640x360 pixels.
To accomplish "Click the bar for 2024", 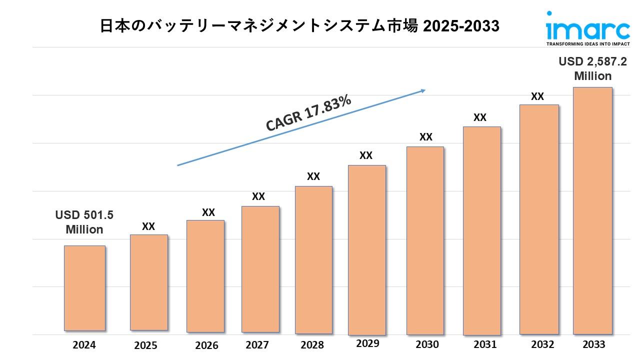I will point(84,288).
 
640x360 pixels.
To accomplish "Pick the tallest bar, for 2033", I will point(592,210).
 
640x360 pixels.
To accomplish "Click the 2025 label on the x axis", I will point(145,345).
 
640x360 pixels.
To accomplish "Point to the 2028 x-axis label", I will point(312,345).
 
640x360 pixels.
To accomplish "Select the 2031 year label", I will point(485,344).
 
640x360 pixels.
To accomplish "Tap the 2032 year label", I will point(542,344).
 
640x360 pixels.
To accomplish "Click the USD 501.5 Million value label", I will point(84,222).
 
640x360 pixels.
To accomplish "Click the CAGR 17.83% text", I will point(308,114).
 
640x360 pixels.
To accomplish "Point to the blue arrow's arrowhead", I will point(423,90).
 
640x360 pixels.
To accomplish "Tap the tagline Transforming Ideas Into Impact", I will point(587,44).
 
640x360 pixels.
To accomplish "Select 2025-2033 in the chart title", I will point(461,26).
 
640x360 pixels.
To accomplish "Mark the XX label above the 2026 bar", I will point(208,212).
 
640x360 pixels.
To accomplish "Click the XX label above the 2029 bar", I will point(366,155).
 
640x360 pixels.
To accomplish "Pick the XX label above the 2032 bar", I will point(537,96).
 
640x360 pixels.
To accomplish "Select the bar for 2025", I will point(148,282).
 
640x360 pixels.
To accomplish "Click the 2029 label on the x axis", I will point(367,343).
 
